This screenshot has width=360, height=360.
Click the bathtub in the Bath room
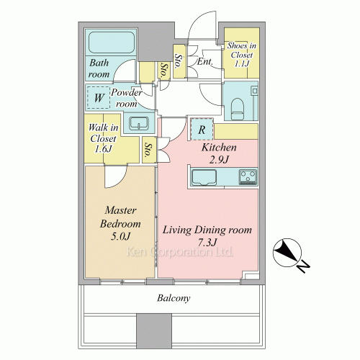[x=112, y=42]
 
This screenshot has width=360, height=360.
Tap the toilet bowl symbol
[x=238, y=109]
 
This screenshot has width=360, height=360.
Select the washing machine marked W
[x=99, y=97]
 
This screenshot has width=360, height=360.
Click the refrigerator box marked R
[x=202, y=129]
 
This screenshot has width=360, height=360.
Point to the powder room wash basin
[x=139, y=124]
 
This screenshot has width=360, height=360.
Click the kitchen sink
[x=204, y=177]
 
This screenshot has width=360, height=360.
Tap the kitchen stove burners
[x=248, y=177]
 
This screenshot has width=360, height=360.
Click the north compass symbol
[x=289, y=254]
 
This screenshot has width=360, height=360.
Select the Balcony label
[x=174, y=298]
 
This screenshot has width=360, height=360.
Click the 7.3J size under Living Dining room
[x=207, y=243]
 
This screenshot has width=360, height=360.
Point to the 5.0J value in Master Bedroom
[x=120, y=236]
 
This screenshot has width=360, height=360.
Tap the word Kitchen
[x=219, y=148]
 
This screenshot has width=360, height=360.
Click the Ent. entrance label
[x=204, y=62]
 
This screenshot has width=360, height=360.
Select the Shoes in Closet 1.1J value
[x=242, y=64]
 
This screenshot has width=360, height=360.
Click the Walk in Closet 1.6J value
[x=103, y=149]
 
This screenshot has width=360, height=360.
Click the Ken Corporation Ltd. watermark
[x=179, y=252]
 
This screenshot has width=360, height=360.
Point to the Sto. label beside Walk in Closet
[x=149, y=150]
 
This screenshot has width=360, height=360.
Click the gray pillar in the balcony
[x=154, y=330]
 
